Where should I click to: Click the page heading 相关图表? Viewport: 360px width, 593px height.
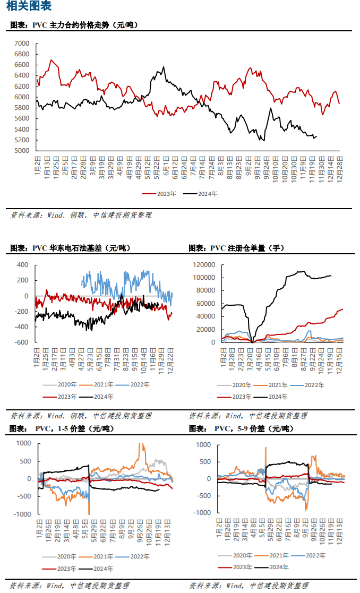point(29,7)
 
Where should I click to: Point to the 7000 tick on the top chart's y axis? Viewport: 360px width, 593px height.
point(22,43)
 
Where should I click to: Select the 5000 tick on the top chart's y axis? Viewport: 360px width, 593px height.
point(22,151)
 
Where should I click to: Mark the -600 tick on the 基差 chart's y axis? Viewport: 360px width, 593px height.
point(21,342)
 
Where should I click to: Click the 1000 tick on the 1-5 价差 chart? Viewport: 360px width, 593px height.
point(23,443)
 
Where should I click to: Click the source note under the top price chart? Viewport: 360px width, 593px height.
point(81,216)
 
